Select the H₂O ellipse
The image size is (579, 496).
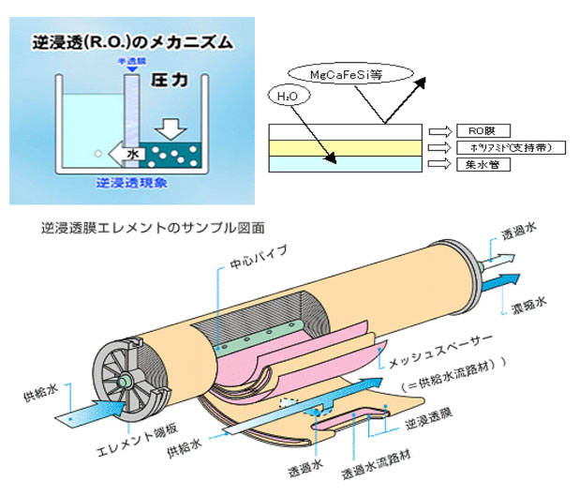click(x=289, y=96)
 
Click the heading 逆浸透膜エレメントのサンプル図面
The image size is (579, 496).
click(x=154, y=228)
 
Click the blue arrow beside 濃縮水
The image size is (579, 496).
click(x=505, y=280)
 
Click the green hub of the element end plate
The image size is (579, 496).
click(x=124, y=381)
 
